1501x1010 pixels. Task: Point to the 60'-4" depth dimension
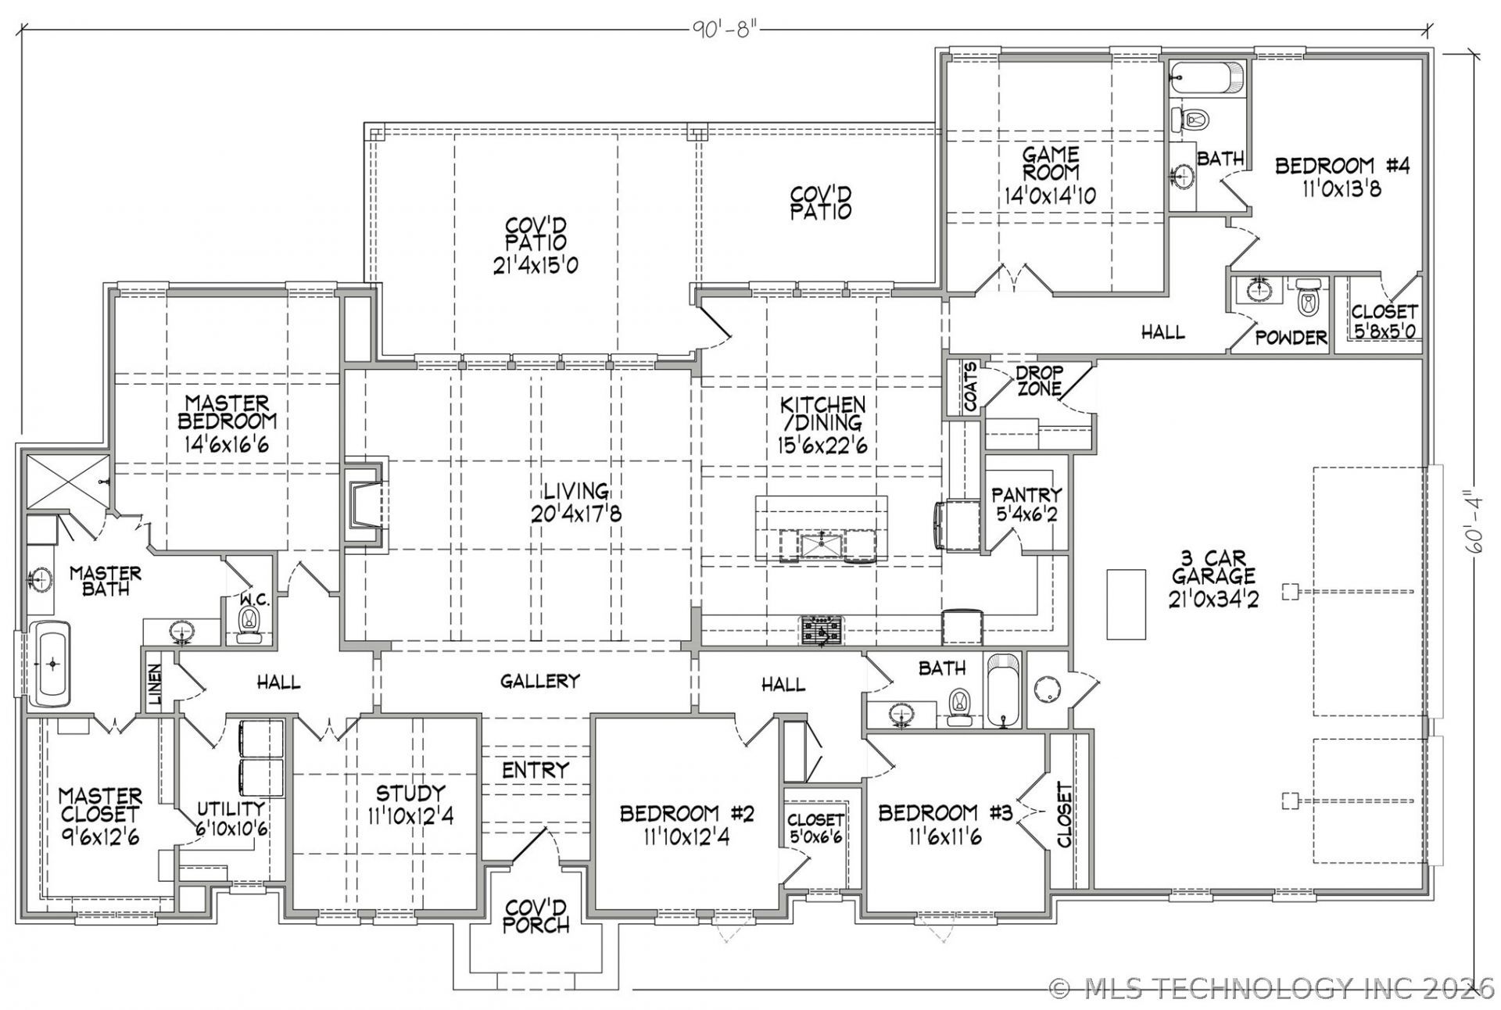1474,521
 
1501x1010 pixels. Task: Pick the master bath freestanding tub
52,664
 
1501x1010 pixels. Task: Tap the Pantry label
1026,495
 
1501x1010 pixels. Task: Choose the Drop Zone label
1039,381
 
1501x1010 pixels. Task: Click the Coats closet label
970,386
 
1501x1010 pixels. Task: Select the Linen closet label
156,684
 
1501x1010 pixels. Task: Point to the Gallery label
539,682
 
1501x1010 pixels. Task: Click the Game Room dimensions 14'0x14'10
1050,195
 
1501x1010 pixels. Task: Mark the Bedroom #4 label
1342,166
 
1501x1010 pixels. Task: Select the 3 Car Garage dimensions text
1214,599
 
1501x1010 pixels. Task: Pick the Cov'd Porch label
536,917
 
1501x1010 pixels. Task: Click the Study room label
410,793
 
